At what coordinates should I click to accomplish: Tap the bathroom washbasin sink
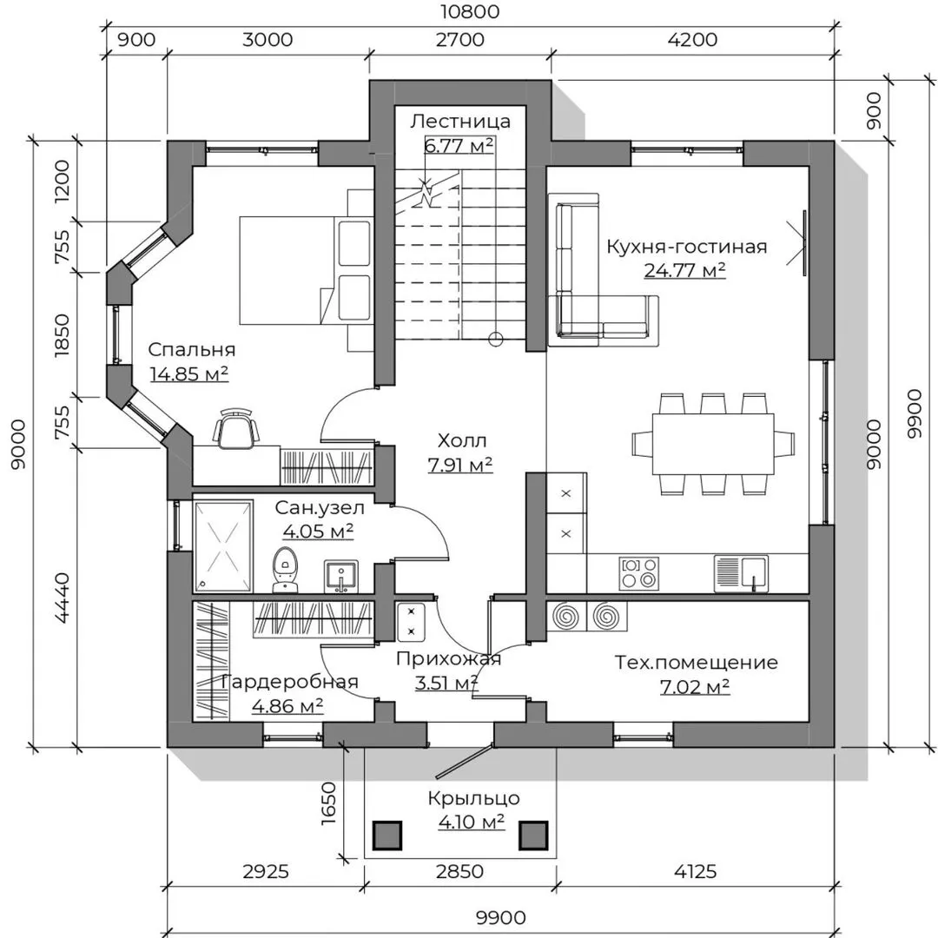341,576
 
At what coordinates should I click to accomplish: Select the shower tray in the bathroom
222,545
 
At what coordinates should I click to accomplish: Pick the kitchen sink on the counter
741,573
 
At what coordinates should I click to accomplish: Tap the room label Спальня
191,349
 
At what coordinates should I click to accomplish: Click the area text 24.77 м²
685,270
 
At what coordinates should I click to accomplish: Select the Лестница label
460,122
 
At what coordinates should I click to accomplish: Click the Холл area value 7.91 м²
460,465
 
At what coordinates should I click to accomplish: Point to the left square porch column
387,836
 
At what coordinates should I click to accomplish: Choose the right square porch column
533,836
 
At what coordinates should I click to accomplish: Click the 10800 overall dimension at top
470,11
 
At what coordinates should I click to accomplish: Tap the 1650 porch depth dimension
329,803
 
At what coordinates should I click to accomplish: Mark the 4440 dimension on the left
63,598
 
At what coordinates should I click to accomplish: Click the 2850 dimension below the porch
459,871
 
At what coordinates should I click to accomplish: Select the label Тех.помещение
697,662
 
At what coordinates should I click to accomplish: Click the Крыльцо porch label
473,799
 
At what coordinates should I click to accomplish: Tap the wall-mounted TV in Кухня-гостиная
804,243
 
